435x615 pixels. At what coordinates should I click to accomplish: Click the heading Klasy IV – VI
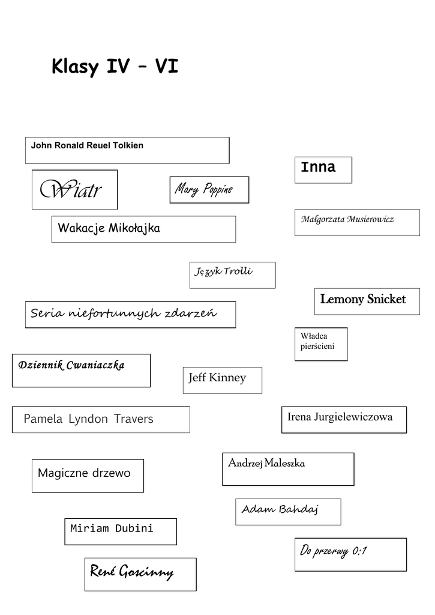click(115, 66)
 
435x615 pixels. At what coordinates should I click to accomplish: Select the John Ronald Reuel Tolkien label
click(87, 145)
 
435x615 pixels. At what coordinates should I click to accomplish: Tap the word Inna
click(318, 167)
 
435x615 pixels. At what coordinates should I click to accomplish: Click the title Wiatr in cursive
click(71, 190)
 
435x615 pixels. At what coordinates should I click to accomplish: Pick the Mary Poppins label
click(204, 190)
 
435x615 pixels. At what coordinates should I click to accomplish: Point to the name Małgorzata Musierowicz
click(347, 219)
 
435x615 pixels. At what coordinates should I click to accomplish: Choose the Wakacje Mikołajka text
click(109, 228)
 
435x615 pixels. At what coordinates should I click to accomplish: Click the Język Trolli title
click(223, 271)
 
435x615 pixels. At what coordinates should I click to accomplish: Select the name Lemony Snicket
click(363, 299)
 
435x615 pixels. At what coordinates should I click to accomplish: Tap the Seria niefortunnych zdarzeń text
click(124, 313)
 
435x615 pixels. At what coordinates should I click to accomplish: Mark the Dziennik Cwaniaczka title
click(71, 365)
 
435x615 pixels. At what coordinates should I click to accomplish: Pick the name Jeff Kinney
click(217, 378)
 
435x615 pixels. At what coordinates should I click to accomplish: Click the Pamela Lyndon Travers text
click(88, 419)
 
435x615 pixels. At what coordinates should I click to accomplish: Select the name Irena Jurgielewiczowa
click(340, 417)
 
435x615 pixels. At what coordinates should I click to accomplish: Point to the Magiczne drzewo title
click(84, 473)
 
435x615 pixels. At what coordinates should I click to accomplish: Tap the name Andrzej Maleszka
click(266, 463)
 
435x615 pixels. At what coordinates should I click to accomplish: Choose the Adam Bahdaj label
click(280, 509)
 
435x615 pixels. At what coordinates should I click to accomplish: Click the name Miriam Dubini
click(112, 529)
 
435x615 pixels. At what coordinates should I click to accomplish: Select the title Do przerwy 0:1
click(333, 550)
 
